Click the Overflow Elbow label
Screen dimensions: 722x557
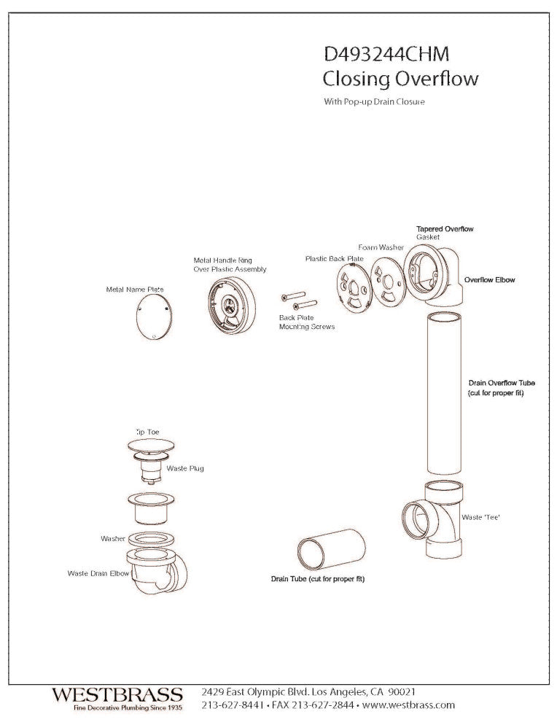[x=489, y=280]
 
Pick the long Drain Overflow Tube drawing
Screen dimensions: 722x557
[x=443, y=395]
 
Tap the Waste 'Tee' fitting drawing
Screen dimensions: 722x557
[x=430, y=519]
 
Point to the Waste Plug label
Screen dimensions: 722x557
[x=185, y=468]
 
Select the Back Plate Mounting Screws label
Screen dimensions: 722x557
[x=306, y=322]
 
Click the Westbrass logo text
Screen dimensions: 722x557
[x=117, y=694]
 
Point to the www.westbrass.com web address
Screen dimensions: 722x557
[x=408, y=705]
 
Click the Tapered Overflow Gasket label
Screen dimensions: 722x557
[x=445, y=233]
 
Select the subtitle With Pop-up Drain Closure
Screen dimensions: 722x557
[x=374, y=102]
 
